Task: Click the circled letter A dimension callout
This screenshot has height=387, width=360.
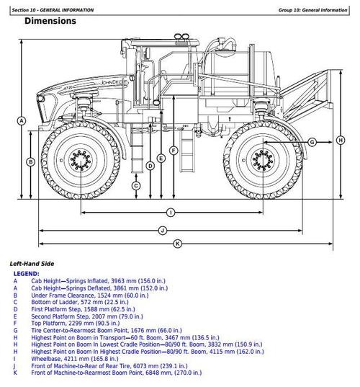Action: click(22, 120)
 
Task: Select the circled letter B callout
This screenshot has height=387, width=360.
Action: click(30, 162)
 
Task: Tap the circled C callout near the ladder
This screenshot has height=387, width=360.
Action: click(135, 185)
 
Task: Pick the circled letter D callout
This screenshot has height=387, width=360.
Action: click(150, 166)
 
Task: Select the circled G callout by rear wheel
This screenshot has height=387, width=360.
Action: click(312, 142)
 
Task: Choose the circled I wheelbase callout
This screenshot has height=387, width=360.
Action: click(171, 212)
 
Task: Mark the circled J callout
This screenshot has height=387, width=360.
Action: click(162, 230)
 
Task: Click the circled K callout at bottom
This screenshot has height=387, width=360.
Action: click(177, 244)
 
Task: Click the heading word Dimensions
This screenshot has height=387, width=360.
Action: click(50, 21)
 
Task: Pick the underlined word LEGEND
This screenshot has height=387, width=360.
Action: click(27, 275)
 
